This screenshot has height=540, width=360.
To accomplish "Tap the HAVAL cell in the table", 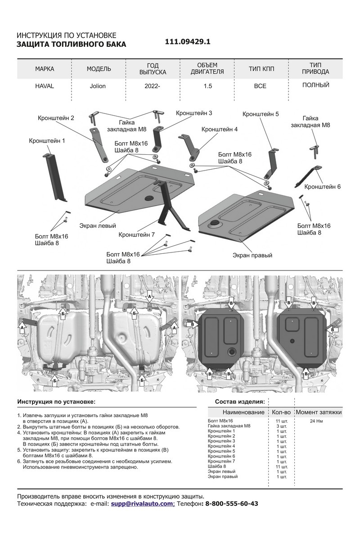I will click(44, 86).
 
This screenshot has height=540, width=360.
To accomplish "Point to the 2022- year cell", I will click(153, 86).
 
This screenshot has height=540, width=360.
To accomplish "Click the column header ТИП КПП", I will click(261, 69).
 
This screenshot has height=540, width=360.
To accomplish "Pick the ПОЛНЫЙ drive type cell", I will click(315, 85).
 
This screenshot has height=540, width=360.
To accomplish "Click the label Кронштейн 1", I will click(47, 141).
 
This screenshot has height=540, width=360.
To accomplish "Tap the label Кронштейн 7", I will click(137, 234).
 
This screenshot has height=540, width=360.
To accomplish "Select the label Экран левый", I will click(98, 225).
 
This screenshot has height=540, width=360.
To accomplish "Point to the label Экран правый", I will click(252, 255).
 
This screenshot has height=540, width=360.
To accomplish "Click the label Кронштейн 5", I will click(261, 114).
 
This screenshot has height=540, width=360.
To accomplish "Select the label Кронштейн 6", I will click(323, 186).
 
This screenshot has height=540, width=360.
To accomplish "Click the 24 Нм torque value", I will click(319, 421).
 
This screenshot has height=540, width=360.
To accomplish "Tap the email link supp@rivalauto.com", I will click(143, 504).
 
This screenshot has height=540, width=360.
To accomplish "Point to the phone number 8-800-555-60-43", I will click(232, 504).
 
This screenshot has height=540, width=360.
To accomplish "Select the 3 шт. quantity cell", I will click(282, 426).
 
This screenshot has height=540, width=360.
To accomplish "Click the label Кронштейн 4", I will click(220, 129).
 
